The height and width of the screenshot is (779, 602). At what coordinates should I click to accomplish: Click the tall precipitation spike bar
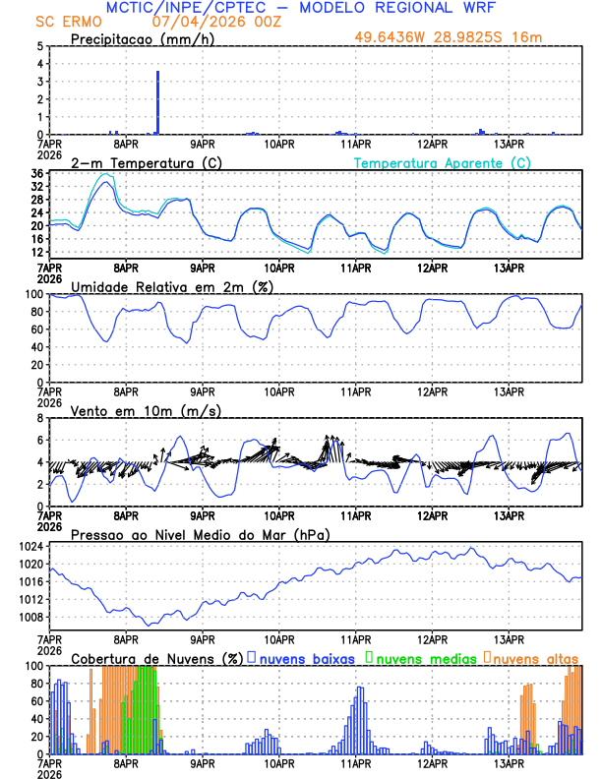pyautogui.click(x=157, y=102)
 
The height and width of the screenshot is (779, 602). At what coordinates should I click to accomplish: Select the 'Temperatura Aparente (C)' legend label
pyautogui.click(x=443, y=162)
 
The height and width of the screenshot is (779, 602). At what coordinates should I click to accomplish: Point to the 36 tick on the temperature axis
pyautogui.click(x=36, y=174)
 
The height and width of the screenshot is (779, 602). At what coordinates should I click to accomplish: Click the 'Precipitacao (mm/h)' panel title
pyautogui.click(x=143, y=38)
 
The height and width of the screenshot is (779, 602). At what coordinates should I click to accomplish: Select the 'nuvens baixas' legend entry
pyautogui.click(x=306, y=657)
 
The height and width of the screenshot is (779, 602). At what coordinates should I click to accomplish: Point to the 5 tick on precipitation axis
pyautogui.click(x=39, y=46)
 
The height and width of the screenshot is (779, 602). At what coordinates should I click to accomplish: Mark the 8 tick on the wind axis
pyautogui.click(x=39, y=418)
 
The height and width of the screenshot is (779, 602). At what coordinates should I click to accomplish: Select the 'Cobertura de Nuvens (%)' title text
pyautogui.click(x=156, y=657)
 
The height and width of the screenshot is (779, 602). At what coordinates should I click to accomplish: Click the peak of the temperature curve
pyautogui.click(x=105, y=183)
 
